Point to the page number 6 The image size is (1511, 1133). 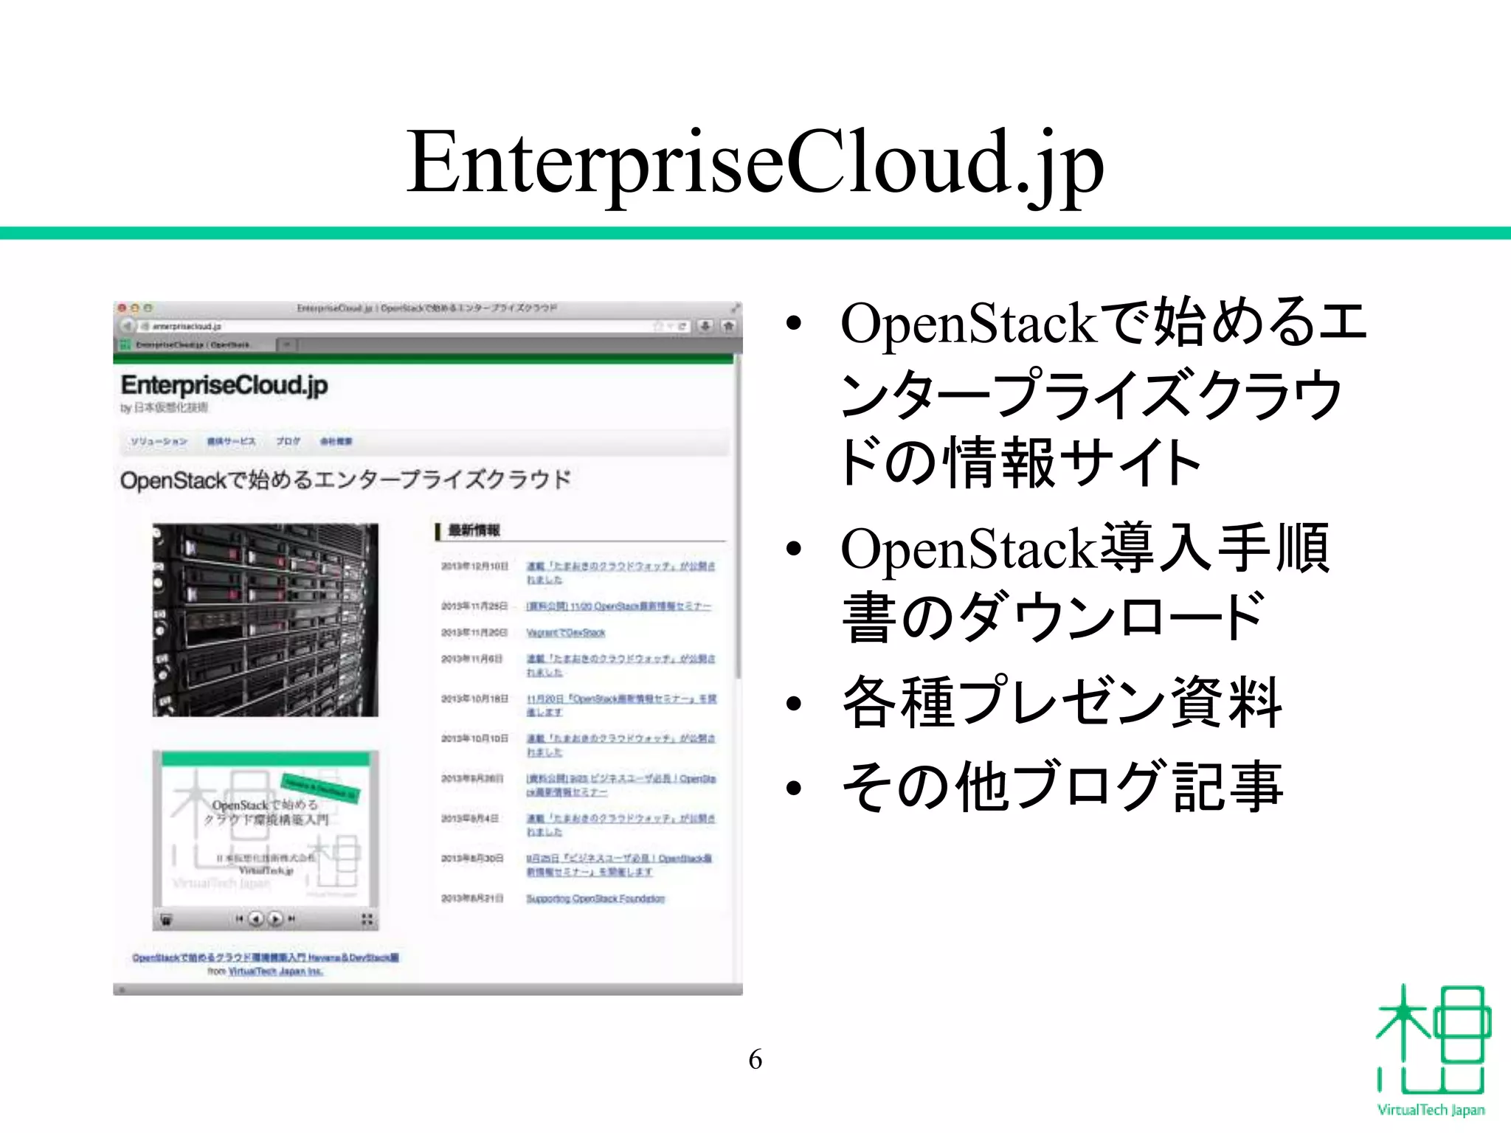[755, 1059]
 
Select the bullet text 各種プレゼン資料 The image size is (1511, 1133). [1062, 702]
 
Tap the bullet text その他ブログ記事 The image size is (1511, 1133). [1062, 787]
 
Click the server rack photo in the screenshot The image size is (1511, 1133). [265, 620]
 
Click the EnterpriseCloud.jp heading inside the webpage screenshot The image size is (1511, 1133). [224, 385]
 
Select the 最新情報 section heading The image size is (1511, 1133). [474, 530]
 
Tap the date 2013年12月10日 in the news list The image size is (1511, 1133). [474, 566]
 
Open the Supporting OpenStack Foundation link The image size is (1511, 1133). [595, 898]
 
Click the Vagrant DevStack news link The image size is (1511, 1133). [565, 633]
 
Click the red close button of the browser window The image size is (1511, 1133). [122, 308]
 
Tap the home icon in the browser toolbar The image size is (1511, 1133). [728, 326]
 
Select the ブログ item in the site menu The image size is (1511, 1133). [288, 441]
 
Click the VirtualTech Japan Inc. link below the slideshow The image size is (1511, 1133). [275, 971]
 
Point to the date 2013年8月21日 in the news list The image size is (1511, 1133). [472, 898]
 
